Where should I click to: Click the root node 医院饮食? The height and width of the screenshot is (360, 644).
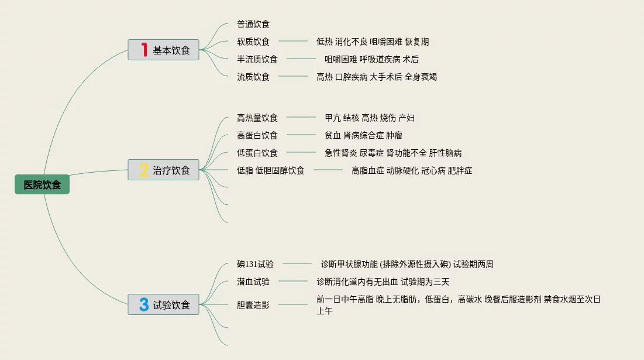(x=42, y=185)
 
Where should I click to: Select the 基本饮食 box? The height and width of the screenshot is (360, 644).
(x=164, y=50)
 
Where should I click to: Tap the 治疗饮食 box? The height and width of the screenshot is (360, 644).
(x=164, y=170)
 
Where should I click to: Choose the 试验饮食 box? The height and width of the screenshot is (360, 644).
(x=164, y=304)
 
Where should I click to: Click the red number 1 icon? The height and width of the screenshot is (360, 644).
(x=144, y=50)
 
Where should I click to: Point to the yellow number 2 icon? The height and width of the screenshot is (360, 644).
(x=144, y=170)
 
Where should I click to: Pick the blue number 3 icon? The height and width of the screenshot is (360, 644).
(x=144, y=304)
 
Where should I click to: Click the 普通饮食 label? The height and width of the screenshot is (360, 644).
(x=253, y=25)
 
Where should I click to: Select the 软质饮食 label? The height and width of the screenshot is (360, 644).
(x=253, y=42)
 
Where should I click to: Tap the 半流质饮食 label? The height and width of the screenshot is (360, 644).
(x=257, y=59)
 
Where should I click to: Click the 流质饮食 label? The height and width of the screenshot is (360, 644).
(x=253, y=77)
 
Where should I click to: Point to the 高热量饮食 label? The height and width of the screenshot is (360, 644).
(x=257, y=118)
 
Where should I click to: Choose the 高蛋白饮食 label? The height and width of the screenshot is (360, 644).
(x=257, y=136)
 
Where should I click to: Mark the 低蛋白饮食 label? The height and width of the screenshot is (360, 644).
(x=257, y=153)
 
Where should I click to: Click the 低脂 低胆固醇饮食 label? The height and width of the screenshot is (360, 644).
(x=271, y=171)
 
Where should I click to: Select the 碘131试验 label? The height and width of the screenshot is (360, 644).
(x=255, y=265)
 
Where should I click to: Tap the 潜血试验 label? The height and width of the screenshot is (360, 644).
(x=253, y=282)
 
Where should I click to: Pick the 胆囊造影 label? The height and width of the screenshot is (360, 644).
(x=253, y=305)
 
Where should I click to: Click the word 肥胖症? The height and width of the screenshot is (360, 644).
(x=460, y=171)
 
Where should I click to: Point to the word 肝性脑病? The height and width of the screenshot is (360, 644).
(x=445, y=153)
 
